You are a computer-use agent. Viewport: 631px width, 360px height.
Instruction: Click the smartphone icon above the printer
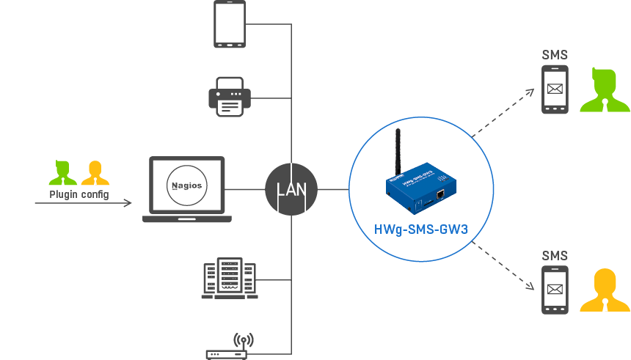(x=229, y=24)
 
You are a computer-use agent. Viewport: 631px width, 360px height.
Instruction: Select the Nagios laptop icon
(x=187, y=188)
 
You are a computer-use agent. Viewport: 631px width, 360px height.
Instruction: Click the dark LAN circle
(x=291, y=189)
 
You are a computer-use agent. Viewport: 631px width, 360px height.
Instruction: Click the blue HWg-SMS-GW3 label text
(x=420, y=229)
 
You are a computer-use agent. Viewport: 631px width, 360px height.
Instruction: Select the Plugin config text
(x=79, y=194)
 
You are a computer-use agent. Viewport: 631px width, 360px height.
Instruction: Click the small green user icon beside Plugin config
(x=62, y=172)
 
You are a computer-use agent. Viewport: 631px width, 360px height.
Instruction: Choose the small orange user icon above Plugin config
(x=95, y=172)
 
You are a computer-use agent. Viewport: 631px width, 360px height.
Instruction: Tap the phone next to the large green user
(x=555, y=89)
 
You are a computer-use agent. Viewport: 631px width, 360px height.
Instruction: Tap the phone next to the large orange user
(x=555, y=290)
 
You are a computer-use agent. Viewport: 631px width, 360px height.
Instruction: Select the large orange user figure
(x=605, y=291)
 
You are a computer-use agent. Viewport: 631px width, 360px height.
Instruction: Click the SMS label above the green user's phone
(x=555, y=55)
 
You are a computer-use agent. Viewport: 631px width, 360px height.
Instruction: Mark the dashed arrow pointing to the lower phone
(x=505, y=265)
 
